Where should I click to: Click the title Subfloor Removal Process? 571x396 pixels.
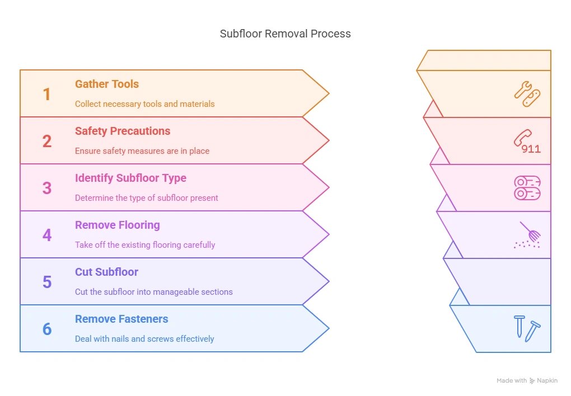point(285,34)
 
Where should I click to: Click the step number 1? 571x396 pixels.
point(47,94)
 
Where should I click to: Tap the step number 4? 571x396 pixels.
point(47,235)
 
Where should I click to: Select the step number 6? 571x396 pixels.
point(47,329)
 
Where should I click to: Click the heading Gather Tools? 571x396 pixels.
point(107,84)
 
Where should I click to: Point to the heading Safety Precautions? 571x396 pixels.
point(123,131)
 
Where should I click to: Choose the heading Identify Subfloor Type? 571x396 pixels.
point(130,178)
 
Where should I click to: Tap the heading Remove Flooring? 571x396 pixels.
point(117,225)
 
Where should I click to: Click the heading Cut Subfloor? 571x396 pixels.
point(106,272)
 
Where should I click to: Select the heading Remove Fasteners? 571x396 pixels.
point(121,319)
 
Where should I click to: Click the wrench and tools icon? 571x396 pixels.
point(527,93)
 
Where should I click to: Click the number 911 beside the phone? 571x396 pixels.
point(531,149)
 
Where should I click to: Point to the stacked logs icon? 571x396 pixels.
point(527,188)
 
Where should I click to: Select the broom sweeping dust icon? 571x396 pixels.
point(528,234)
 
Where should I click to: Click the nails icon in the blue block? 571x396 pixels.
point(527,328)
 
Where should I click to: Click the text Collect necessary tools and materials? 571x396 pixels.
point(144,104)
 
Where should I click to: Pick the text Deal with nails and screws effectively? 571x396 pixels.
point(144,339)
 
